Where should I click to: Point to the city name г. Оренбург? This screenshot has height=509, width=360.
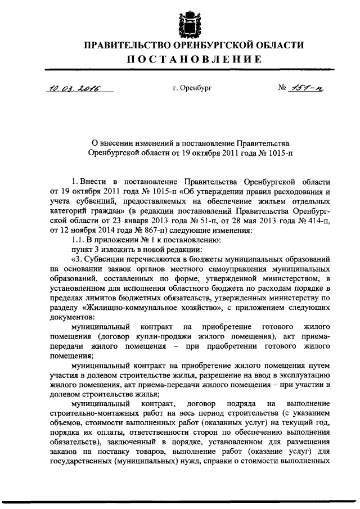192,89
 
